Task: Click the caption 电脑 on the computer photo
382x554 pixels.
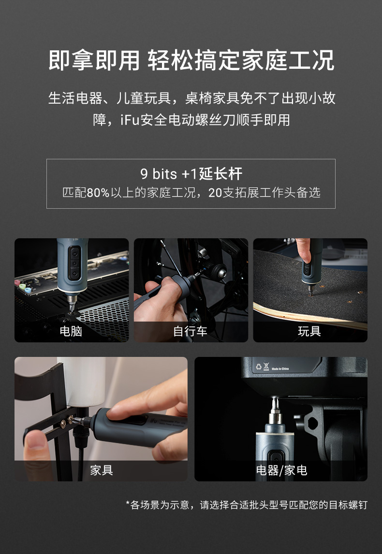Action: click(x=71, y=331)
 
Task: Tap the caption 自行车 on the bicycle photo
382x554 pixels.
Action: click(x=190, y=331)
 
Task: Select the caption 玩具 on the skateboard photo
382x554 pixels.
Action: click(x=309, y=331)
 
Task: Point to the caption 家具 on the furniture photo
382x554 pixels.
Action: click(x=102, y=470)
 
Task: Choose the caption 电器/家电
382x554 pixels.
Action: click(x=281, y=470)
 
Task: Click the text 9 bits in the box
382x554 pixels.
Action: click(x=159, y=174)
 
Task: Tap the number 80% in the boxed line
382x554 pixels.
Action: click(x=98, y=193)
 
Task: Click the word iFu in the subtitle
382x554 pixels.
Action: click(x=130, y=120)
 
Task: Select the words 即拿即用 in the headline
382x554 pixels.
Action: click(x=94, y=61)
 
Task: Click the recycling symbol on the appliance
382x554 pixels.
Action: click(x=259, y=367)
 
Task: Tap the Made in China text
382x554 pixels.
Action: click(x=280, y=369)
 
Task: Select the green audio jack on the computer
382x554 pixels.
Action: click(x=23, y=286)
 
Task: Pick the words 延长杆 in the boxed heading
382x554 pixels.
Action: click(x=221, y=174)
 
